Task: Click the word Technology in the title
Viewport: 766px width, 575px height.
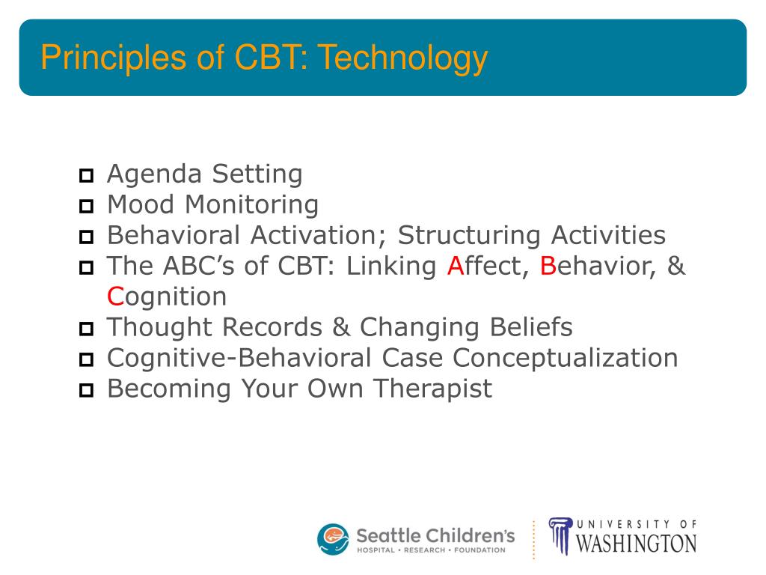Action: tap(403, 58)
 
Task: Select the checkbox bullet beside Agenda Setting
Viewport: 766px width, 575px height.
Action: tap(86, 175)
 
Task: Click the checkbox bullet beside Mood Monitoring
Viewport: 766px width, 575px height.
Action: tap(86, 207)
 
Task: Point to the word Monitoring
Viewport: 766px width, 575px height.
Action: tap(251, 205)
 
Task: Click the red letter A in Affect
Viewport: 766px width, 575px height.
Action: tap(456, 266)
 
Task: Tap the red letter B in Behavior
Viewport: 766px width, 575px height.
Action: tap(548, 266)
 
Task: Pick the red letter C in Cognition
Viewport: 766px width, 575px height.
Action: tap(116, 296)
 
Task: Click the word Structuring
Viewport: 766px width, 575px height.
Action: tap(469, 236)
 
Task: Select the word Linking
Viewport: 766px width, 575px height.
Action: tap(391, 267)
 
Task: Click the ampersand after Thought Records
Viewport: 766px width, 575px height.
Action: tap(341, 328)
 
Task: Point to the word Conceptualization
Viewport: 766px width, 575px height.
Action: tap(566, 359)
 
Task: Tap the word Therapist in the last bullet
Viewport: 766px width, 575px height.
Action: tap(433, 389)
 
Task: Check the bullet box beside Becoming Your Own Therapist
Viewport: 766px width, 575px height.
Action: tap(86, 390)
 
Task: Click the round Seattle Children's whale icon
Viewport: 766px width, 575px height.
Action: tap(333, 539)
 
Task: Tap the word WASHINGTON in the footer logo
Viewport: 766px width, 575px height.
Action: tap(636, 544)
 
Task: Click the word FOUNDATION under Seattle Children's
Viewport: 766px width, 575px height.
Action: tap(479, 550)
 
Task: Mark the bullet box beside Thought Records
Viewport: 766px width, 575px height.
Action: tap(86, 329)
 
